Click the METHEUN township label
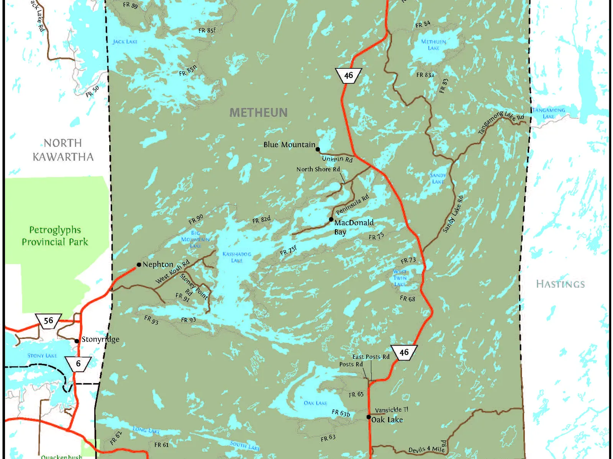tap(258, 112)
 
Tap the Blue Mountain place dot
tap(318, 149)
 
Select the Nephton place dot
tap(139, 265)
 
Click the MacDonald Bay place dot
tap(331, 220)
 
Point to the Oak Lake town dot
tap(369, 417)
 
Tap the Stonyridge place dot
tap(77, 341)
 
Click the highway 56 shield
tap(49, 321)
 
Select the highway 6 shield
tap(78, 363)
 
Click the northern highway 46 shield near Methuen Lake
tap(348, 75)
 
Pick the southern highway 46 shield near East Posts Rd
tap(404, 352)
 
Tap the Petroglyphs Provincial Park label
tap(55, 236)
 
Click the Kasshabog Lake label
tap(237, 257)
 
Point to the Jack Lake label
tap(125, 42)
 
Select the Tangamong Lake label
tap(548, 113)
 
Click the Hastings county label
tap(560, 284)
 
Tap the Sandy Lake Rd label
tap(453, 214)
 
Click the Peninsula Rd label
tap(352, 204)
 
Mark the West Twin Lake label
tap(400, 278)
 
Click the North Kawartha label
tap(63, 150)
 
